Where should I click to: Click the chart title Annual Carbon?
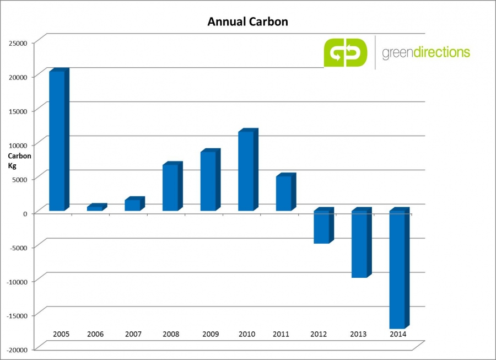pyautogui.click(x=247, y=22)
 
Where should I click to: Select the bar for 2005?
pyautogui.click(x=57, y=141)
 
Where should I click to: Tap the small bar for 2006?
pyautogui.click(x=95, y=208)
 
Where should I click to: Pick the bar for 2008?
pyautogui.click(x=170, y=187)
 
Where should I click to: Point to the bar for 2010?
pyautogui.click(x=246, y=171)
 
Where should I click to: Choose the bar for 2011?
pyautogui.click(x=283, y=193)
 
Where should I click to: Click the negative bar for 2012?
pyautogui.click(x=321, y=227)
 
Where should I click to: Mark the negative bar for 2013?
pyautogui.click(x=359, y=244)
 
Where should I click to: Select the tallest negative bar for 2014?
pyautogui.click(x=397, y=270)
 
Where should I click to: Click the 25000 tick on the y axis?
pyautogui.click(x=18, y=42)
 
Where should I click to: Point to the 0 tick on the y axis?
pyautogui.click(x=25, y=213)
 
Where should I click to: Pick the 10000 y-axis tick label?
pyautogui.click(x=18, y=144)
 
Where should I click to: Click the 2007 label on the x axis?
pyautogui.click(x=133, y=334)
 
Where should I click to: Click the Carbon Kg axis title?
pyautogui.click(x=19, y=160)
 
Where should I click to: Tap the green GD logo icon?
pyautogui.click(x=345, y=52)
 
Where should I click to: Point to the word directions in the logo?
pyautogui.click(x=444, y=53)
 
